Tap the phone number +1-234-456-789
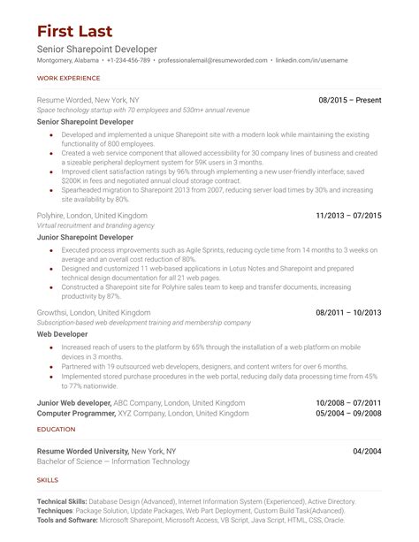(x=128, y=60)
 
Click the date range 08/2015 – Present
(x=349, y=99)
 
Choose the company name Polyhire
(x=55, y=215)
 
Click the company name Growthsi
(x=57, y=312)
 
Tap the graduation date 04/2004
(x=367, y=451)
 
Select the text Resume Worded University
(x=83, y=451)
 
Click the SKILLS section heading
(x=48, y=479)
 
